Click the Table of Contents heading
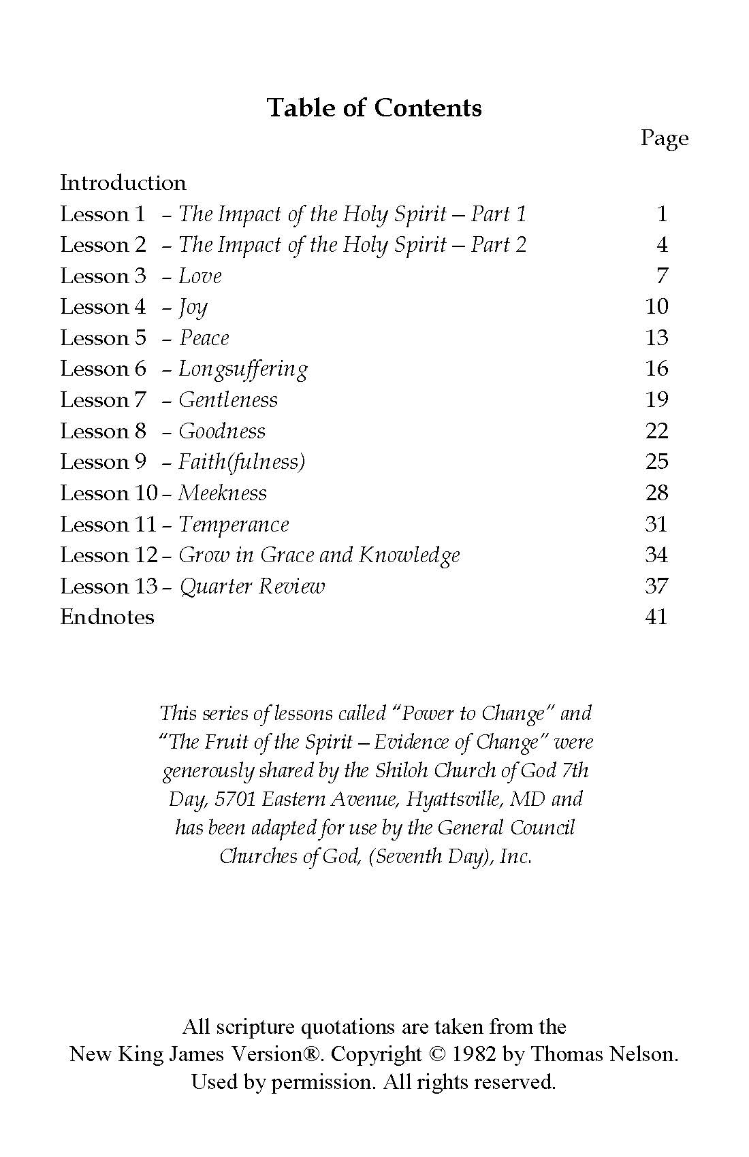click(x=374, y=108)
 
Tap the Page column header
click(x=664, y=138)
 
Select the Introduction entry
click(x=123, y=182)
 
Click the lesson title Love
click(x=200, y=276)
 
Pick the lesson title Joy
click(x=193, y=308)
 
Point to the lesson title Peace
click(x=204, y=338)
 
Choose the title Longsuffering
click(x=243, y=369)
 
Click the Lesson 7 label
click(x=103, y=400)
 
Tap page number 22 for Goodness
click(x=656, y=431)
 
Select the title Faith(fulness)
click(x=242, y=462)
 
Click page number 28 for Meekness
click(x=656, y=493)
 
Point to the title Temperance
click(x=234, y=524)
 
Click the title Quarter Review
click(x=252, y=586)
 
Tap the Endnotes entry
click(x=108, y=617)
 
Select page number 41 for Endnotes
click(x=656, y=617)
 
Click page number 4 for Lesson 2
click(x=662, y=245)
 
